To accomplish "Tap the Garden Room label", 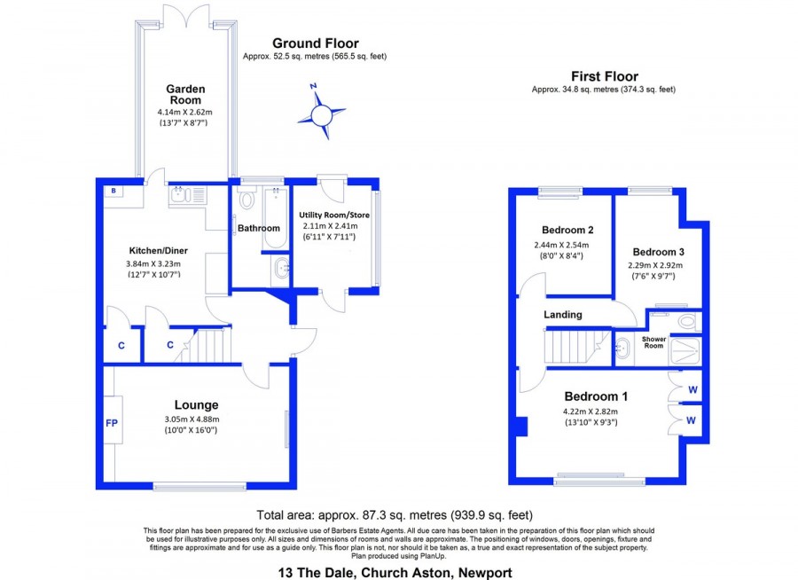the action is click(x=185, y=95).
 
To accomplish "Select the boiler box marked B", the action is click(x=114, y=191).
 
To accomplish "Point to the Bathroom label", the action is click(x=259, y=228).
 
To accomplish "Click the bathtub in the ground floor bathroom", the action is click(x=276, y=218).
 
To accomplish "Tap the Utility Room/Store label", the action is click(x=334, y=215).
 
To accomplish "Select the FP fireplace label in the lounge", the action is click(x=112, y=423).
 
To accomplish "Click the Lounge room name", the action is click(x=197, y=404).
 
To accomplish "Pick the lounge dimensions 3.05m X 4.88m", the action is click(x=192, y=419).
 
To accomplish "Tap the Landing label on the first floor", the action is click(x=563, y=315).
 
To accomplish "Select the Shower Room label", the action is click(x=654, y=342).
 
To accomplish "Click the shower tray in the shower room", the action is click(x=685, y=350).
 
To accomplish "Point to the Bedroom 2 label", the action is click(x=567, y=231).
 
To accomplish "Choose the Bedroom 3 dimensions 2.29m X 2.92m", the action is click(x=655, y=265).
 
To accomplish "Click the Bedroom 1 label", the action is click(x=596, y=396).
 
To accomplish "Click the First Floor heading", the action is click(x=605, y=76).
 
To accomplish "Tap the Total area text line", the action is click(x=395, y=515).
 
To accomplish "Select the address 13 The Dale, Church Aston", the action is click(x=395, y=573).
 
